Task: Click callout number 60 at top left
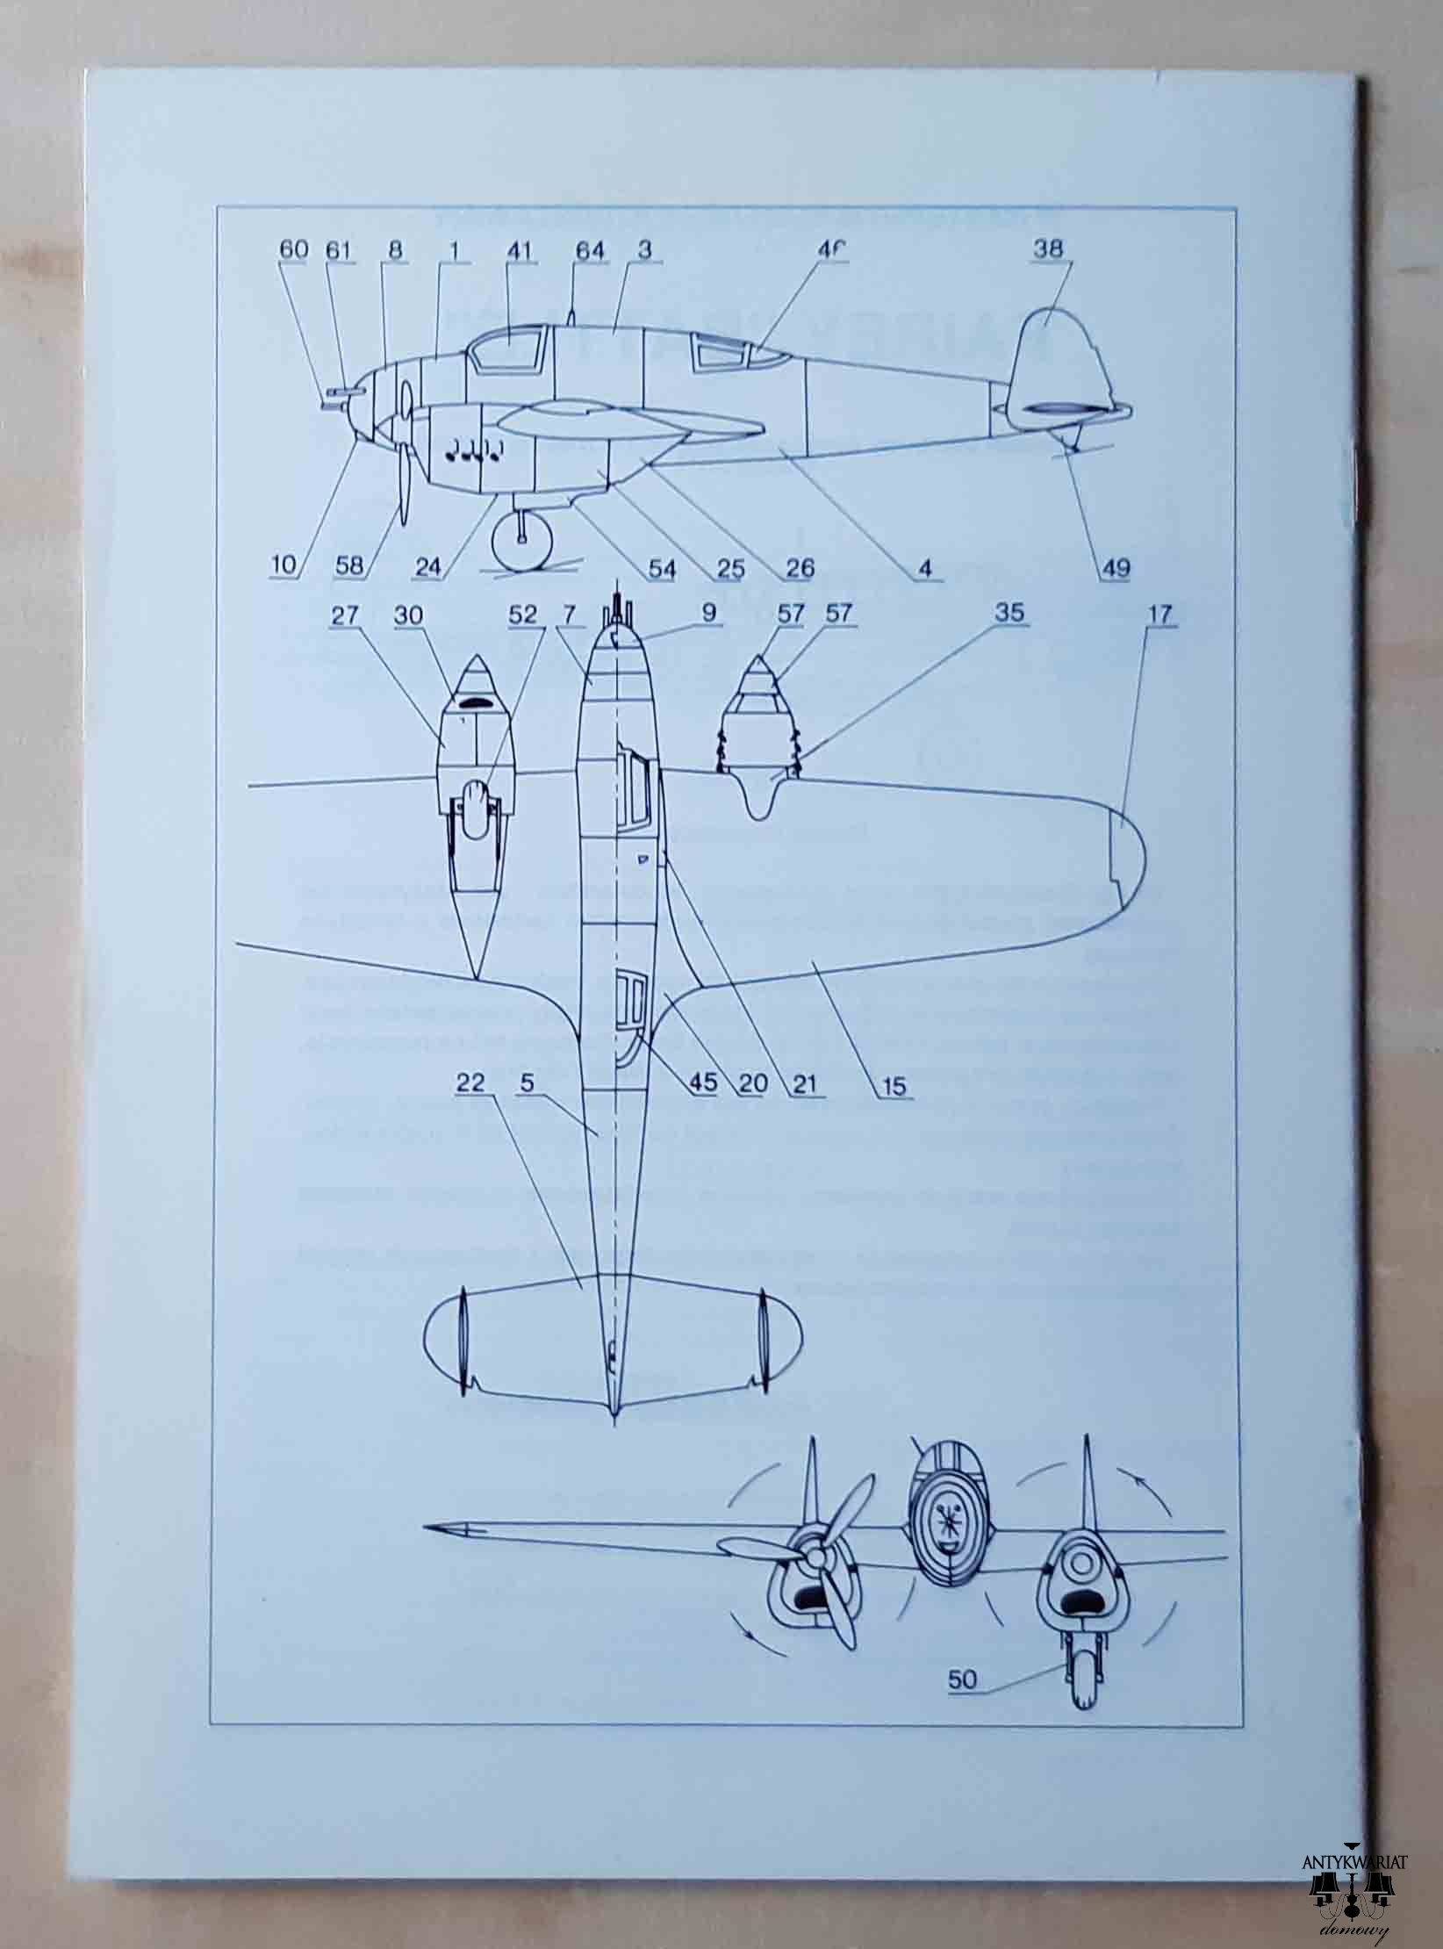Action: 294,250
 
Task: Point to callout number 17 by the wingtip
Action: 1159,614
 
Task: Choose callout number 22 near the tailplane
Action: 470,1083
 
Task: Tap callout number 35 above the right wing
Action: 1009,614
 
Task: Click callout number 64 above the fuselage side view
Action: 590,251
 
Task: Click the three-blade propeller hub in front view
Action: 816,1557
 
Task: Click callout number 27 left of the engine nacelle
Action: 345,615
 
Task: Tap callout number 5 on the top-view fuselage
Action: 527,1083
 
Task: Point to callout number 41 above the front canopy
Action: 520,250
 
